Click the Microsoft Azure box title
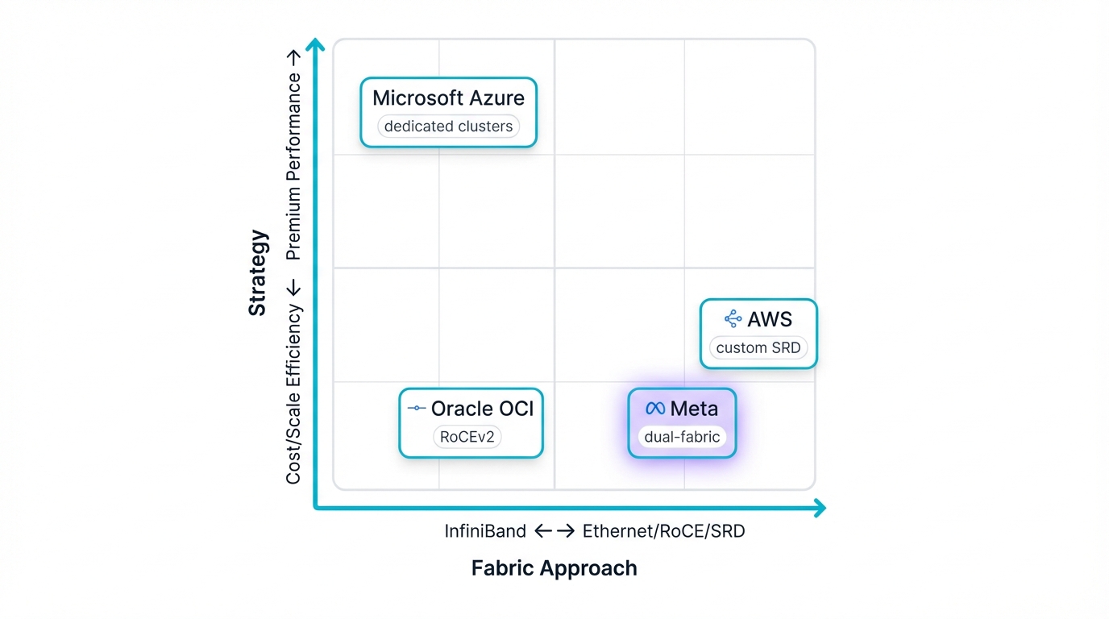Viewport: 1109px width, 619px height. click(x=448, y=98)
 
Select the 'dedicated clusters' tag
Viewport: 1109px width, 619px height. click(x=448, y=127)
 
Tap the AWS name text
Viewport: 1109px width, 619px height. click(x=770, y=319)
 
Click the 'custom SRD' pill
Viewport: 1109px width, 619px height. click(x=758, y=348)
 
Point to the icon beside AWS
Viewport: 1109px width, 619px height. click(x=733, y=319)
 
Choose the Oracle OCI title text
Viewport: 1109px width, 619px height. click(x=482, y=409)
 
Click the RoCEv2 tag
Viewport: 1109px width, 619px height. click(x=467, y=438)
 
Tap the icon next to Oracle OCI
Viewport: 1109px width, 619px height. click(x=417, y=409)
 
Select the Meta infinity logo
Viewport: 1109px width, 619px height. click(x=655, y=409)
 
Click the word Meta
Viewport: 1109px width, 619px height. click(x=693, y=409)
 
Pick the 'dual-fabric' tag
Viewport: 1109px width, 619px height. click(x=682, y=438)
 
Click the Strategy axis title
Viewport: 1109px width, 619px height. click(x=257, y=272)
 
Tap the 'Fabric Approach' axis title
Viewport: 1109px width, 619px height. click(x=554, y=568)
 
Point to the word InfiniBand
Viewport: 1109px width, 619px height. click(x=485, y=531)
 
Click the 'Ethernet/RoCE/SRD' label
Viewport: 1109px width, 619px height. click(x=663, y=531)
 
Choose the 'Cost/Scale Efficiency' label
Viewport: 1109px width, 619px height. click(x=293, y=393)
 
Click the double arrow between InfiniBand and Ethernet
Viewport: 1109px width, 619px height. click(x=554, y=531)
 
